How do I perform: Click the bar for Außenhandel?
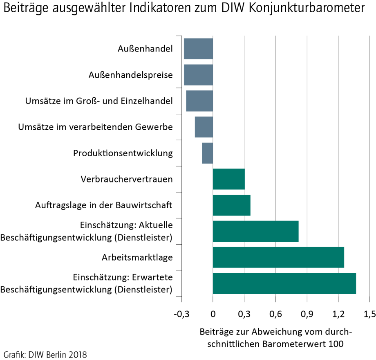click(x=198, y=49)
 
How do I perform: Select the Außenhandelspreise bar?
click(x=198, y=75)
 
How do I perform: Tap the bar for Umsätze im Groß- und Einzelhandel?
click(x=199, y=101)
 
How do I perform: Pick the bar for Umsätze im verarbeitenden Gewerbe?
click(x=204, y=127)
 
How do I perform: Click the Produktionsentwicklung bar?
click(x=207, y=153)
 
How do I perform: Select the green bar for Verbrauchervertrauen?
click(x=228, y=179)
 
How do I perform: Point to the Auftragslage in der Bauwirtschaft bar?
click(x=231, y=205)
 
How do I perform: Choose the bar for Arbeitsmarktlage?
click(x=278, y=257)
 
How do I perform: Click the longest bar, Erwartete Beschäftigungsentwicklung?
click(x=284, y=283)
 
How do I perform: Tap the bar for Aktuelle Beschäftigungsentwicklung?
click(x=255, y=231)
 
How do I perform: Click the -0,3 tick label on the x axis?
click(x=181, y=314)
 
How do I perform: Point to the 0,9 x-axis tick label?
click(x=307, y=314)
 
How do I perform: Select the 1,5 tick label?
click(x=369, y=314)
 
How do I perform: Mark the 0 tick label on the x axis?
click(x=213, y=314)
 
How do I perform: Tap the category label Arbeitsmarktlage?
click(x=137, y=257)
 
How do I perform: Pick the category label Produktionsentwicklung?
click(x=123, y=153)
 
